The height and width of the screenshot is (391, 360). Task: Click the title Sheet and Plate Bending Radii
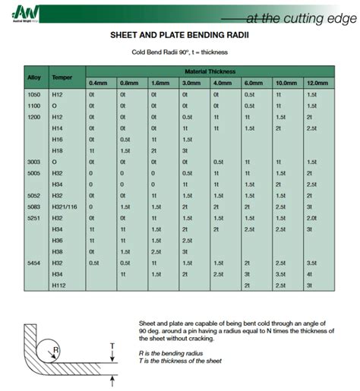(180, 36)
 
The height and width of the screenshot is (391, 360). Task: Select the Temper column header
(62, 77)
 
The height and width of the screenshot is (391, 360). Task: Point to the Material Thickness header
(207, 70)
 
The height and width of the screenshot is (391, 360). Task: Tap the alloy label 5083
(33, 207)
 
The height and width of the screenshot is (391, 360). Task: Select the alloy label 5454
(33, 262)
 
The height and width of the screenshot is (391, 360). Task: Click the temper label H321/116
(65, 207)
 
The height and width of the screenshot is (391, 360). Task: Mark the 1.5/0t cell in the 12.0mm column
(311, 218)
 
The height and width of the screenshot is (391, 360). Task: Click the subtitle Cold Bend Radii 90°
(180, 52)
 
